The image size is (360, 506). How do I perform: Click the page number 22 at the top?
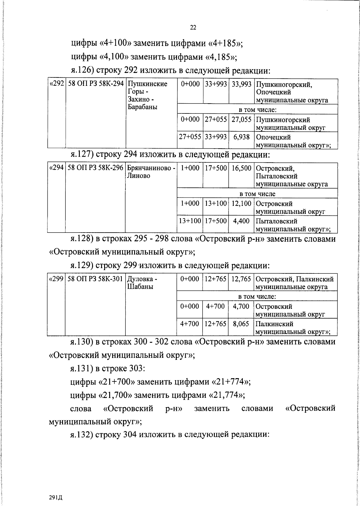(x=193, y=28)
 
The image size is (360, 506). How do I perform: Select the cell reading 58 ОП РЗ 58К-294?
(x=96, y=84)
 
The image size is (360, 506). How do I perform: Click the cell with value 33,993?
(x=241, y=84)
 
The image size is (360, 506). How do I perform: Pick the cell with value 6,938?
(x=241, y=137)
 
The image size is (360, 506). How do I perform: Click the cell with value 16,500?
(x=241, y=168)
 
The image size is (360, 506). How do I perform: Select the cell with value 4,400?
(x=241, y=221)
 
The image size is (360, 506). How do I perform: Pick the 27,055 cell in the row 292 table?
(x=241, y=119)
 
